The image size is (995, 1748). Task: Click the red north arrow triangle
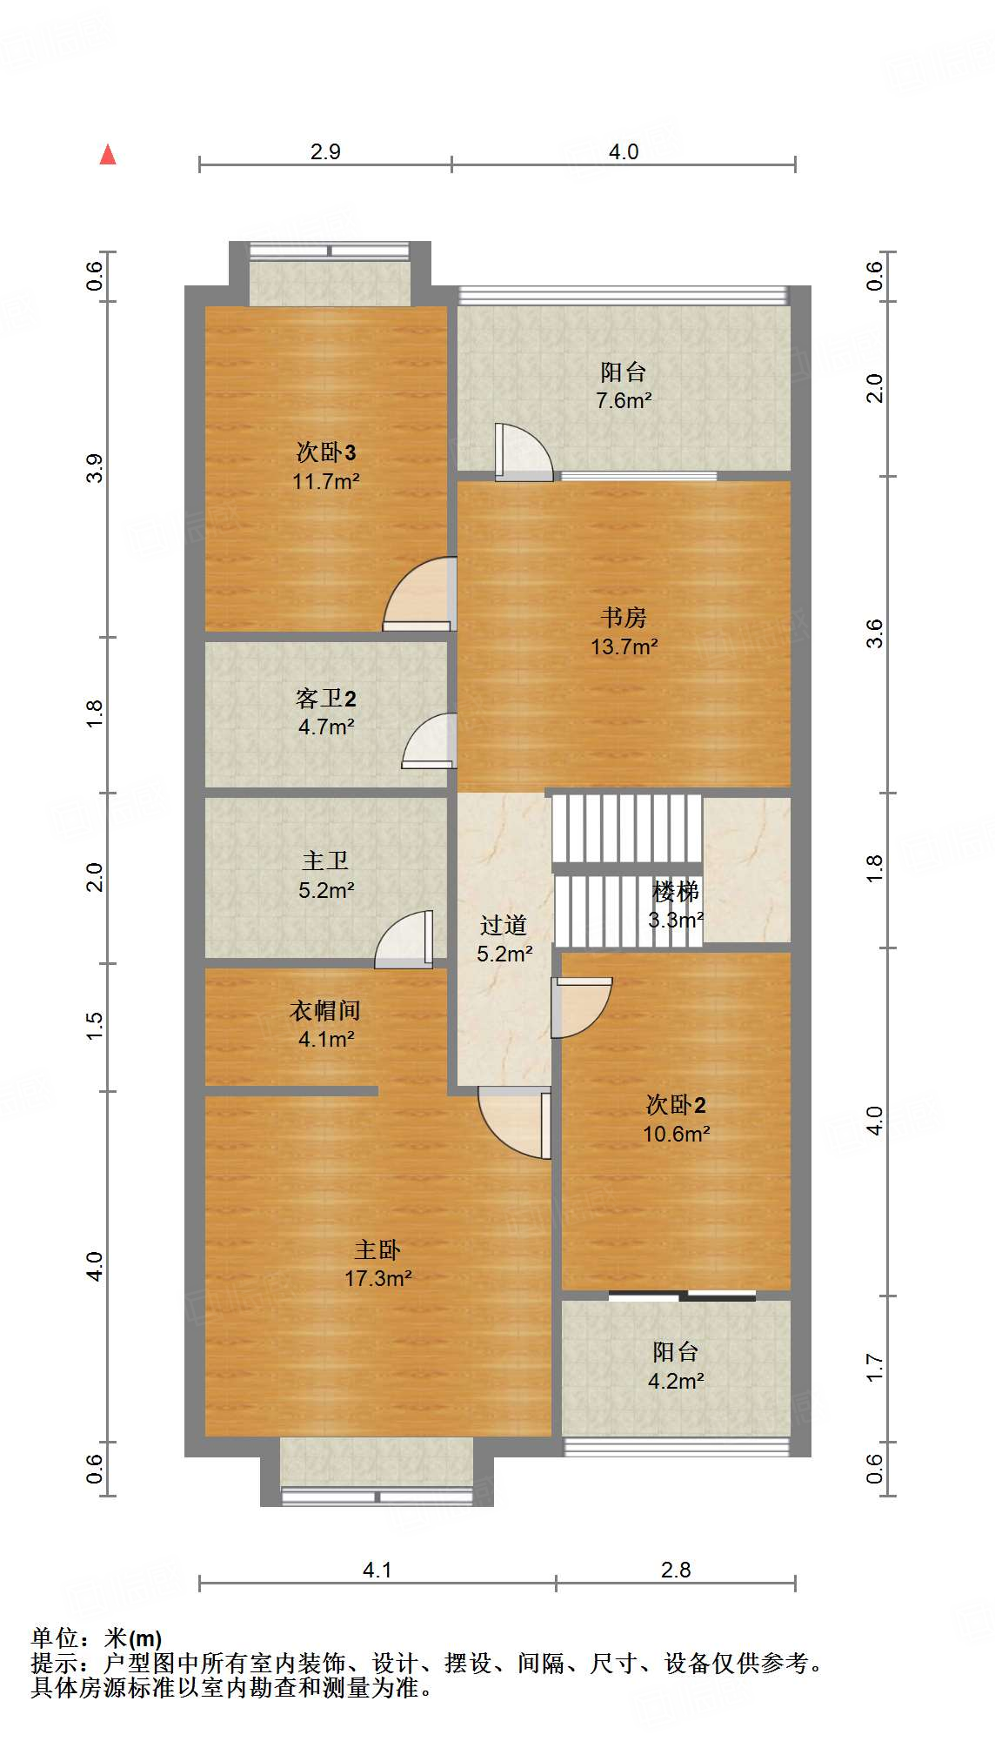[108, 155]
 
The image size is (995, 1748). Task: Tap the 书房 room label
[624, 618]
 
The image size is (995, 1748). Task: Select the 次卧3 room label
[326, 452]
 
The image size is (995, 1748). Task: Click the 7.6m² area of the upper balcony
[624, 401]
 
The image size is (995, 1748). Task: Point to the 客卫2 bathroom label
[326, 699]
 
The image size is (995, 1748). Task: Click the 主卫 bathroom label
[325, 861]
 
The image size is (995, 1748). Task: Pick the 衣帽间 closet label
[325, 1011]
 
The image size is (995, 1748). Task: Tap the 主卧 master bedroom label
[377, 1250]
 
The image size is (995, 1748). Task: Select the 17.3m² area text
[378, 1279]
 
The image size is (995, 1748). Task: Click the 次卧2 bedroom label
[676, 1105]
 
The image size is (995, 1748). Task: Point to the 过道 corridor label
[504, 925]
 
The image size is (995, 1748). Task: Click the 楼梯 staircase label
[676, 892]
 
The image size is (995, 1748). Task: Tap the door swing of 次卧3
[419, 593]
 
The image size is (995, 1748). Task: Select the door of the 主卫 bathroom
[404, 940]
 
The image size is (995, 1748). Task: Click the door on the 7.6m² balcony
[524, 452]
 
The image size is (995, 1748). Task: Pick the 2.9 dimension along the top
[325, 151]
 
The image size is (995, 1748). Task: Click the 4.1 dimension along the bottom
[377, 1570]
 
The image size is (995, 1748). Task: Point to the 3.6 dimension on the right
[874, 633]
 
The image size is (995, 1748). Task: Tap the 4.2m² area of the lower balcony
[676, 1381]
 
